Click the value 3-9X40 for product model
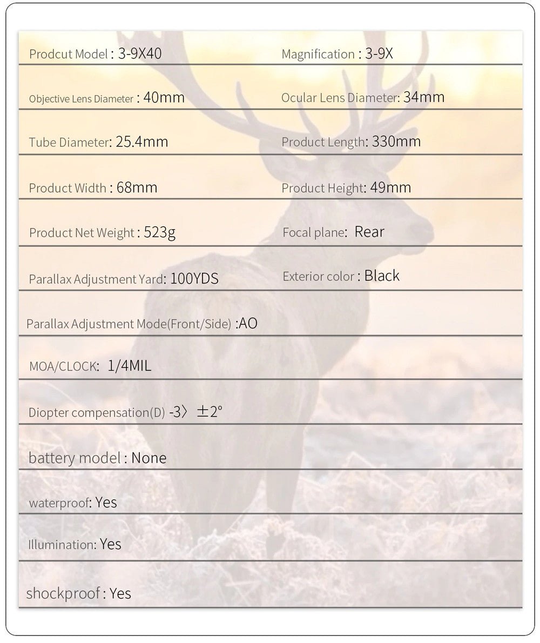[x=140, y=53]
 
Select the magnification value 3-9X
[x=379, y=53]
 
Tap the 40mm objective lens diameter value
[x=164, y=98]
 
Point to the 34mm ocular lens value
[x=424, y=97]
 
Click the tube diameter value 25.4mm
[x=142, y=142]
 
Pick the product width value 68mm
[x=137, y=187]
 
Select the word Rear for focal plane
[x=369, y=232]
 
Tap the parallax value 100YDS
[x=194, y=279]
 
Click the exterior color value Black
[x=382, y=276]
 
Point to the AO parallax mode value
[x=248, y=324]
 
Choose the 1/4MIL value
[x=130, y=366]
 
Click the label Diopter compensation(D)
[x=97, y=413]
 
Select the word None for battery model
[x=149, y=458]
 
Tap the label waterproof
[x=58, y=503]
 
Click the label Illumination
[x=62, y=545]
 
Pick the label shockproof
[x=63, y=593]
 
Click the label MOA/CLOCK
[x=63, y=366]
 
